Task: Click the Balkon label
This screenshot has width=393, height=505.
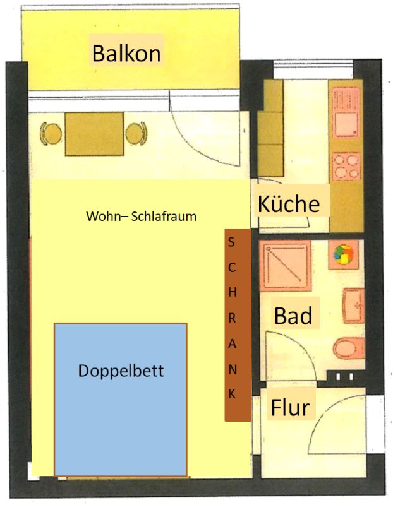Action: (126, 53)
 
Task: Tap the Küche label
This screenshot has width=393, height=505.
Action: (289, 203)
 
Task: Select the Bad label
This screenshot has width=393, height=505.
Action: (293, 316)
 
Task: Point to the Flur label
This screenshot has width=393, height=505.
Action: (290, 407)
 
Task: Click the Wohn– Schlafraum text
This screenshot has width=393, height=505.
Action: (141, 216)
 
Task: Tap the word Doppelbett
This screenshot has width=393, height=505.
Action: (121, 371)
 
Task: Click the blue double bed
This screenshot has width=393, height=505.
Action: (121, 400)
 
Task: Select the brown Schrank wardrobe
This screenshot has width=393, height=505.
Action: (238, 324)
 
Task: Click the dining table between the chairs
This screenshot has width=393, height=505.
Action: (95, 134)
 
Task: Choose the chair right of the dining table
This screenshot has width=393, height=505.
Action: (136, 133)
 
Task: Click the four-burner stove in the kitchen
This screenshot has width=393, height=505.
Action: (346, 166)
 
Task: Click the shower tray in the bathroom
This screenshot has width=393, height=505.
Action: (285, 265)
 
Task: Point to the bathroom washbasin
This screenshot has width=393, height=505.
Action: (354, 306)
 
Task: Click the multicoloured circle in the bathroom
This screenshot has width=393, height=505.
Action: (343, 254)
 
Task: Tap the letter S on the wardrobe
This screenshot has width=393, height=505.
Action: (231, 242)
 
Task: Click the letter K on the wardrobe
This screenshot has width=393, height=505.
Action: (232, 393)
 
